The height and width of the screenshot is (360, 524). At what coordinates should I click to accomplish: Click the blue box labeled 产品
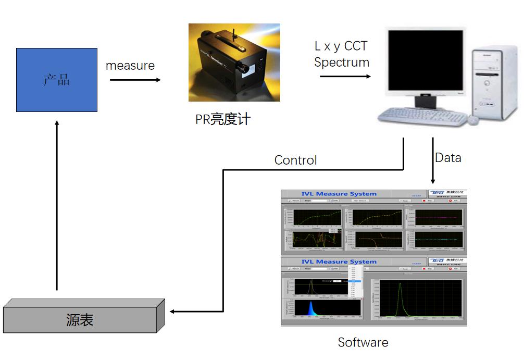[56, 80]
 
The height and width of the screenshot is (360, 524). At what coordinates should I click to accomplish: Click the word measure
[130, 66]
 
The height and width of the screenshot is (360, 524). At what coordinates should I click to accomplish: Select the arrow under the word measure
[135, 80]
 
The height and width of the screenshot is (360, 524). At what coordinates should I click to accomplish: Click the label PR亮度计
[223, 119]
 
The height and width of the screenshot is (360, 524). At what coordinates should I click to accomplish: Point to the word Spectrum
[342, 63]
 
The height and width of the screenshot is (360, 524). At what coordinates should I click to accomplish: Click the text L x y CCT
[341, 46]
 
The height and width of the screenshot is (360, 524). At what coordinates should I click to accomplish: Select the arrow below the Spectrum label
[345, 77]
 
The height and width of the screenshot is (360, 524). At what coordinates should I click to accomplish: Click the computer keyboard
[422, 116]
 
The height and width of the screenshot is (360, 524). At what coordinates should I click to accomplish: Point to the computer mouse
[473, 120]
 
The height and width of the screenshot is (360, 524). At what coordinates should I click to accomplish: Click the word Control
[295, 160]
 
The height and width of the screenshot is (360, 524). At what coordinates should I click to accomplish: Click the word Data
[448, 157]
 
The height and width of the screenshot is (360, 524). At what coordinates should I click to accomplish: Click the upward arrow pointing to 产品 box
[57, 203]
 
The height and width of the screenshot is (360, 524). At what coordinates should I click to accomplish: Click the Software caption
[363, 342]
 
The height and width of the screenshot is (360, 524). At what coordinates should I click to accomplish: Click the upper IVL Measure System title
[339, 194]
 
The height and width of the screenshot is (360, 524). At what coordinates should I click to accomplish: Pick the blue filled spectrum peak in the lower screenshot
[311, 309]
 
